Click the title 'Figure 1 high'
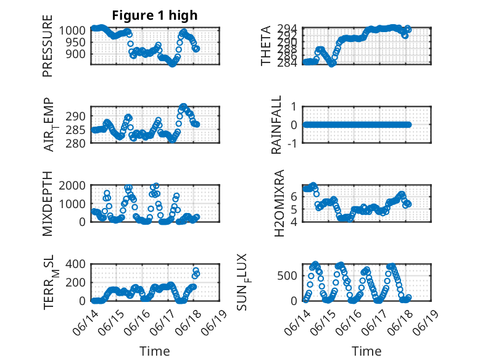pos(154,15)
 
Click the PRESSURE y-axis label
pos(48,50)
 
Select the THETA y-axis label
pos(266,46)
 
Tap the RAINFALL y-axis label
pos(276,125)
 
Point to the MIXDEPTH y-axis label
pos(48,203)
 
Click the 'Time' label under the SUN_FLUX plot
pos(366,351)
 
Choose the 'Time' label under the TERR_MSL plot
pos(154,351)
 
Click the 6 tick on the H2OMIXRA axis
pos(295,196)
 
